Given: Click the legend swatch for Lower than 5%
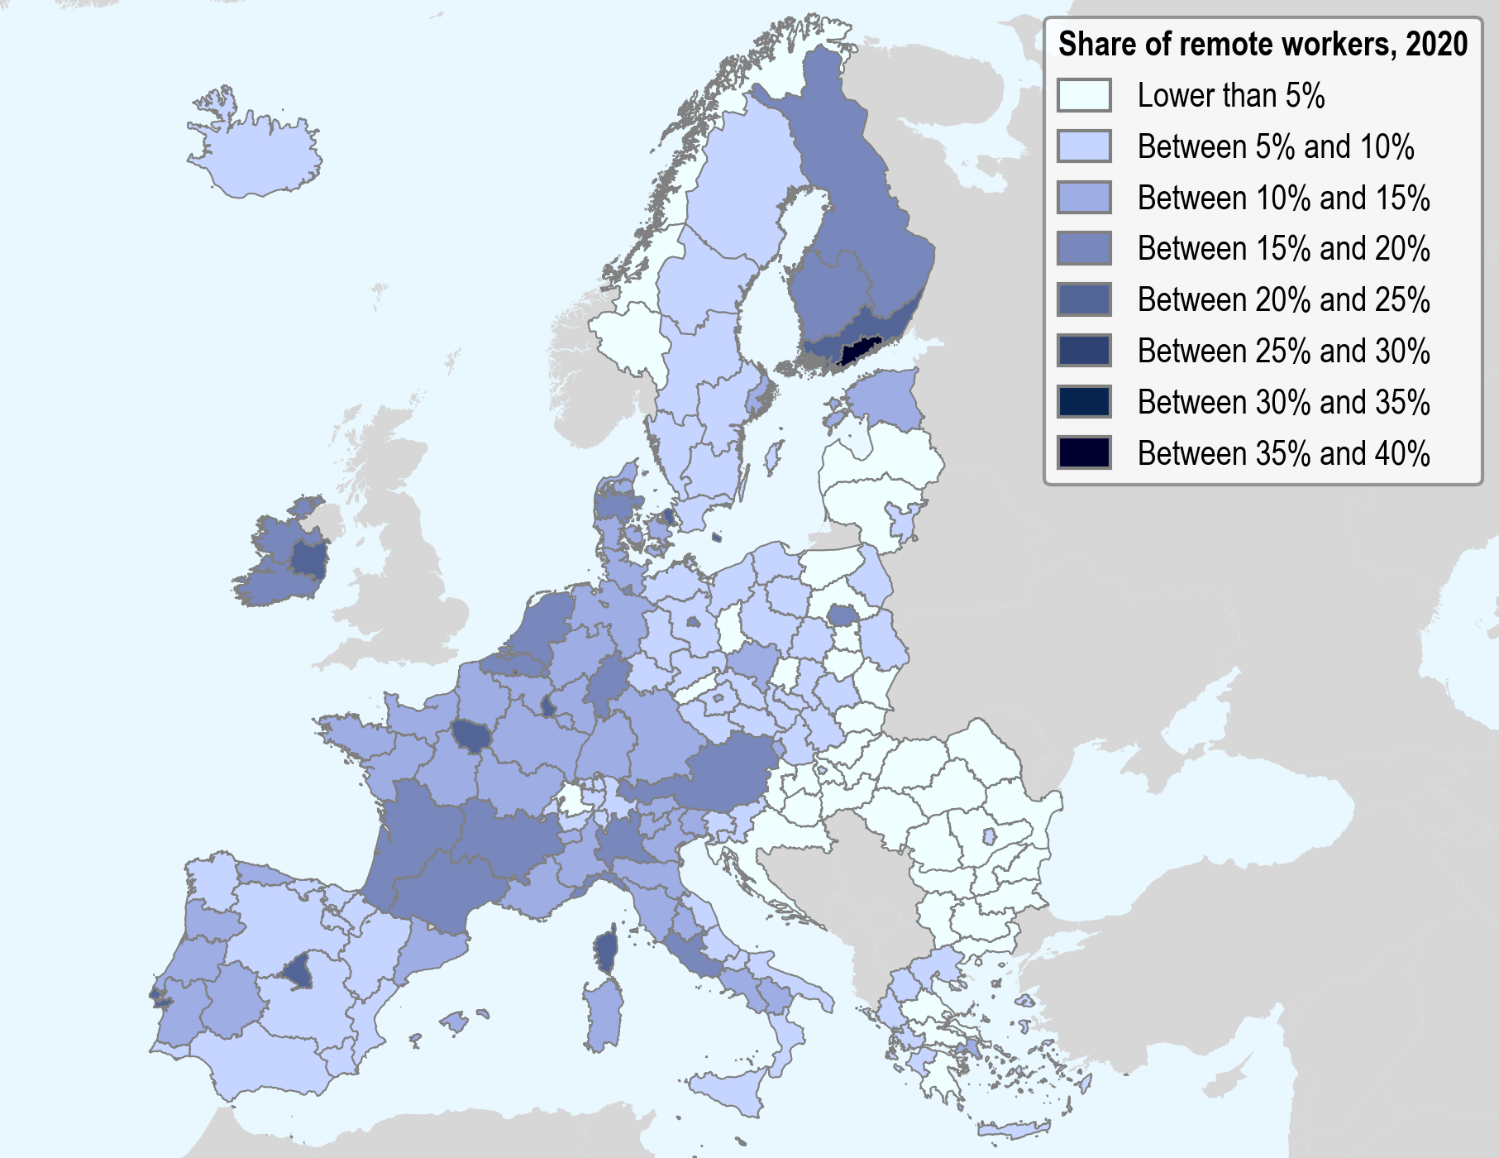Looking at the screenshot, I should tap(1083, 95).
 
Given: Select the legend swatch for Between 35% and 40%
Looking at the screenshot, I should tap(1083, 452).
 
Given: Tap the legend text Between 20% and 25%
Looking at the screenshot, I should tap(1283, 299).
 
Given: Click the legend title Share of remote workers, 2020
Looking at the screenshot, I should tap(1263, 44).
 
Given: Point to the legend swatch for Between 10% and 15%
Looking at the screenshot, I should tap(1083, 198).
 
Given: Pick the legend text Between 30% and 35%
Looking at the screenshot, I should tap(1283, 402).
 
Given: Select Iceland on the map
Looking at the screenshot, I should tap(256, 157).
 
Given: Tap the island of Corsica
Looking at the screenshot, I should tap(606, 951).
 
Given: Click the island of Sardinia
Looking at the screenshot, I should tap(604, 1013).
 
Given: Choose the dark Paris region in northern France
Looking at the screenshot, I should tap(472, 734).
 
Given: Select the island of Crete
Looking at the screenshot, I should tap(1013, 1130).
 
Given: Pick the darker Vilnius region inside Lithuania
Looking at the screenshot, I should tap(842, 615).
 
